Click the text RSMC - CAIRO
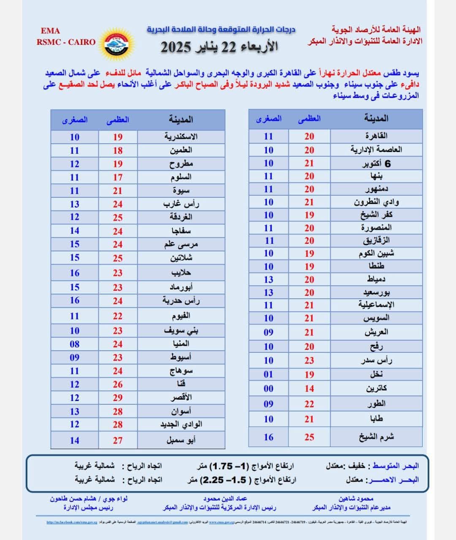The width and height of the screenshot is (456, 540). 66,42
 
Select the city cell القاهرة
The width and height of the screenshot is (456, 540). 376,136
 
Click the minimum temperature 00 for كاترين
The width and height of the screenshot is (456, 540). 269,388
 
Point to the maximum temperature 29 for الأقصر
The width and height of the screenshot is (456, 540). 118,398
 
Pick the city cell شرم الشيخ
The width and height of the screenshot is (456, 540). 376,437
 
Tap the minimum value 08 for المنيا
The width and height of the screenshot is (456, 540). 74,344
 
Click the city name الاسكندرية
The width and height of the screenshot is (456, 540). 181,136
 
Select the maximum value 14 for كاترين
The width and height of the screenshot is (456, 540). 309,388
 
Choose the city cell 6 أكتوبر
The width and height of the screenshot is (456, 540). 376,163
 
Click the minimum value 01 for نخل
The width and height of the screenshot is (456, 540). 269,374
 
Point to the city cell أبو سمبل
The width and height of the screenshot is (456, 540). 181,440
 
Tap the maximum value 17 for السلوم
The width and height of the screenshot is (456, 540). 118,177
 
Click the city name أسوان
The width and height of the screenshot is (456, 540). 181,411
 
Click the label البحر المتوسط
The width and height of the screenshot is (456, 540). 395,466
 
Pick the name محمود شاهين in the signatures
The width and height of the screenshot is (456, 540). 356,499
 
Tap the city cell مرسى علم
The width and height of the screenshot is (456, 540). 181,244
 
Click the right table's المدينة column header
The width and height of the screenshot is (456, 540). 376,119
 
